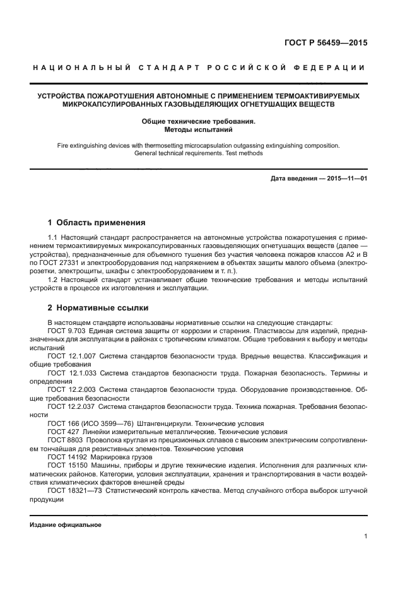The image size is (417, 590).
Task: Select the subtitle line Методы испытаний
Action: [198, 129]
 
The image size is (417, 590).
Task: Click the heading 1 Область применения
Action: [97, 222]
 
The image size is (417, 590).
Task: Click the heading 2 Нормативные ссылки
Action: [98, 308]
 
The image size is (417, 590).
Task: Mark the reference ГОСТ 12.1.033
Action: [71, 374]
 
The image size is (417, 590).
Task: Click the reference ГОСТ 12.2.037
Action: [71, 408]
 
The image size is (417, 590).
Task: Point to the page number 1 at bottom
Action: [365, 536]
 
